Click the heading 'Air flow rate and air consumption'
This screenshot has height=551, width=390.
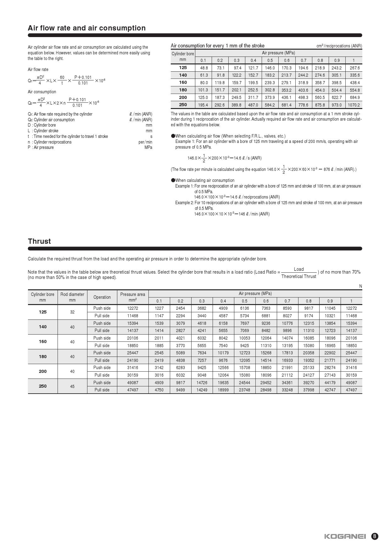[x=86, y=28]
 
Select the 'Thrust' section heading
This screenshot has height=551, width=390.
[x=39, y=241]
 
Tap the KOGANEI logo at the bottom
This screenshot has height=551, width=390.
[x=345, y=536]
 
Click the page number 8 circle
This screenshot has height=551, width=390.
[x=375, y=536]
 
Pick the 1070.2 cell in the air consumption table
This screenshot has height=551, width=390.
[x=354, y=105]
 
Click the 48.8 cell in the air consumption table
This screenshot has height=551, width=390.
[x=204, y=68]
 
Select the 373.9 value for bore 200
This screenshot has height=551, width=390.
[x=270, y=97]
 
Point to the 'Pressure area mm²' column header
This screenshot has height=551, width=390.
[x=132, y=297]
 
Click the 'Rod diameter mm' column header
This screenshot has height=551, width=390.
[x=72, y=297]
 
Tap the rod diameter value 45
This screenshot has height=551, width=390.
[x=72, y=386]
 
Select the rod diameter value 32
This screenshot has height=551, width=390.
[x=72, y=312]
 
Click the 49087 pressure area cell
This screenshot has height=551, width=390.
[x=132, y=383]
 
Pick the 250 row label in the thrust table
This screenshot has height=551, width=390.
[x=43, y=386]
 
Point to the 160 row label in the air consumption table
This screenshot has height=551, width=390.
[x=183, y=82]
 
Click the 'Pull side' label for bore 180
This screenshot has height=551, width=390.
[x=102, y=360]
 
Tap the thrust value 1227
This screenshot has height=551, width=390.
[x=159, y=308]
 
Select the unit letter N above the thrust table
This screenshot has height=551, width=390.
[x=360, y=286]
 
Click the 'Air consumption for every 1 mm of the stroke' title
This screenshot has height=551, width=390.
[x=217, y=46]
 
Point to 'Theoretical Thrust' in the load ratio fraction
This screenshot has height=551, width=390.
[x=298, y=276]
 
